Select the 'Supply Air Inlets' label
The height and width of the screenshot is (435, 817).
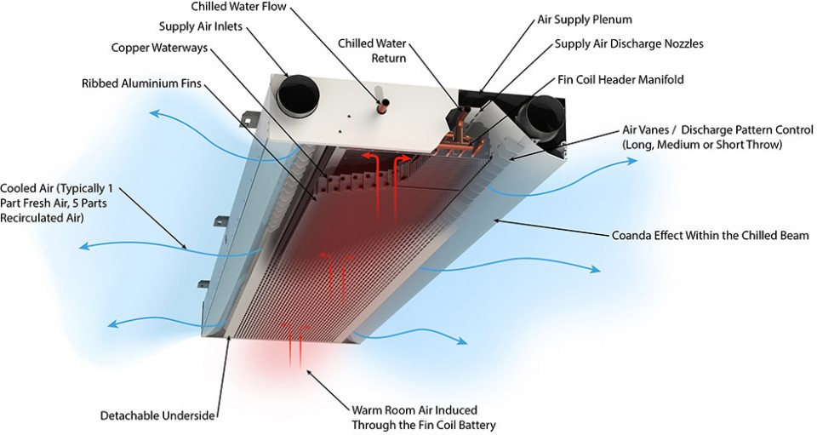(x=200, y=27)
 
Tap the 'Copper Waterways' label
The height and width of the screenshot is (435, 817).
(x=159, y=47)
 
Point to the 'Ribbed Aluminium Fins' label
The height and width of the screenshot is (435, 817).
(x=141, y=84)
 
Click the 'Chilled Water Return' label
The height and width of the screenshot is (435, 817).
(x=372, y=50)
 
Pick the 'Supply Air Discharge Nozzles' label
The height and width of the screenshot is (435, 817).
(x=629, y=43)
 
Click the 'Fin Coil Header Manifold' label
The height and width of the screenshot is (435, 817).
(x=620, y=79)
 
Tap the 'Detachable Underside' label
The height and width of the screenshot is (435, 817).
(x=157, y=415)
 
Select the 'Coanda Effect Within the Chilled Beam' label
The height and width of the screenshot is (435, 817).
(x=709, y=234)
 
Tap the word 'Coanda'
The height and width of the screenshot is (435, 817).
(x=631, y=234)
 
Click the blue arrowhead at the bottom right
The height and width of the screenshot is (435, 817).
(x=461, y=341)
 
